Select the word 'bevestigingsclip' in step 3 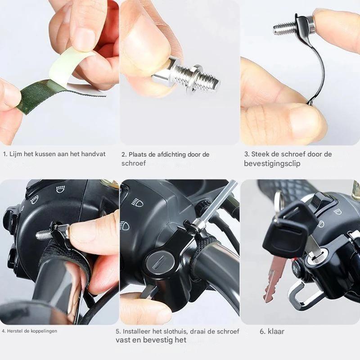point(272,164)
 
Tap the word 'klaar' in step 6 point(276,331)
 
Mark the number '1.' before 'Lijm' point(5,154)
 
